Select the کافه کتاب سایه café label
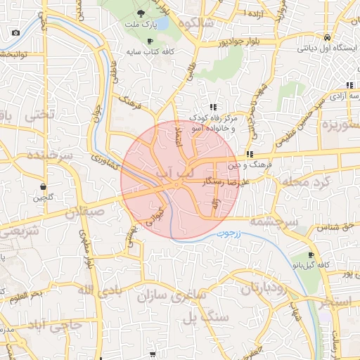point(148,52)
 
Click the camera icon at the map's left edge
point(15,32)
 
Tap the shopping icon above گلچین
point(44,186)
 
